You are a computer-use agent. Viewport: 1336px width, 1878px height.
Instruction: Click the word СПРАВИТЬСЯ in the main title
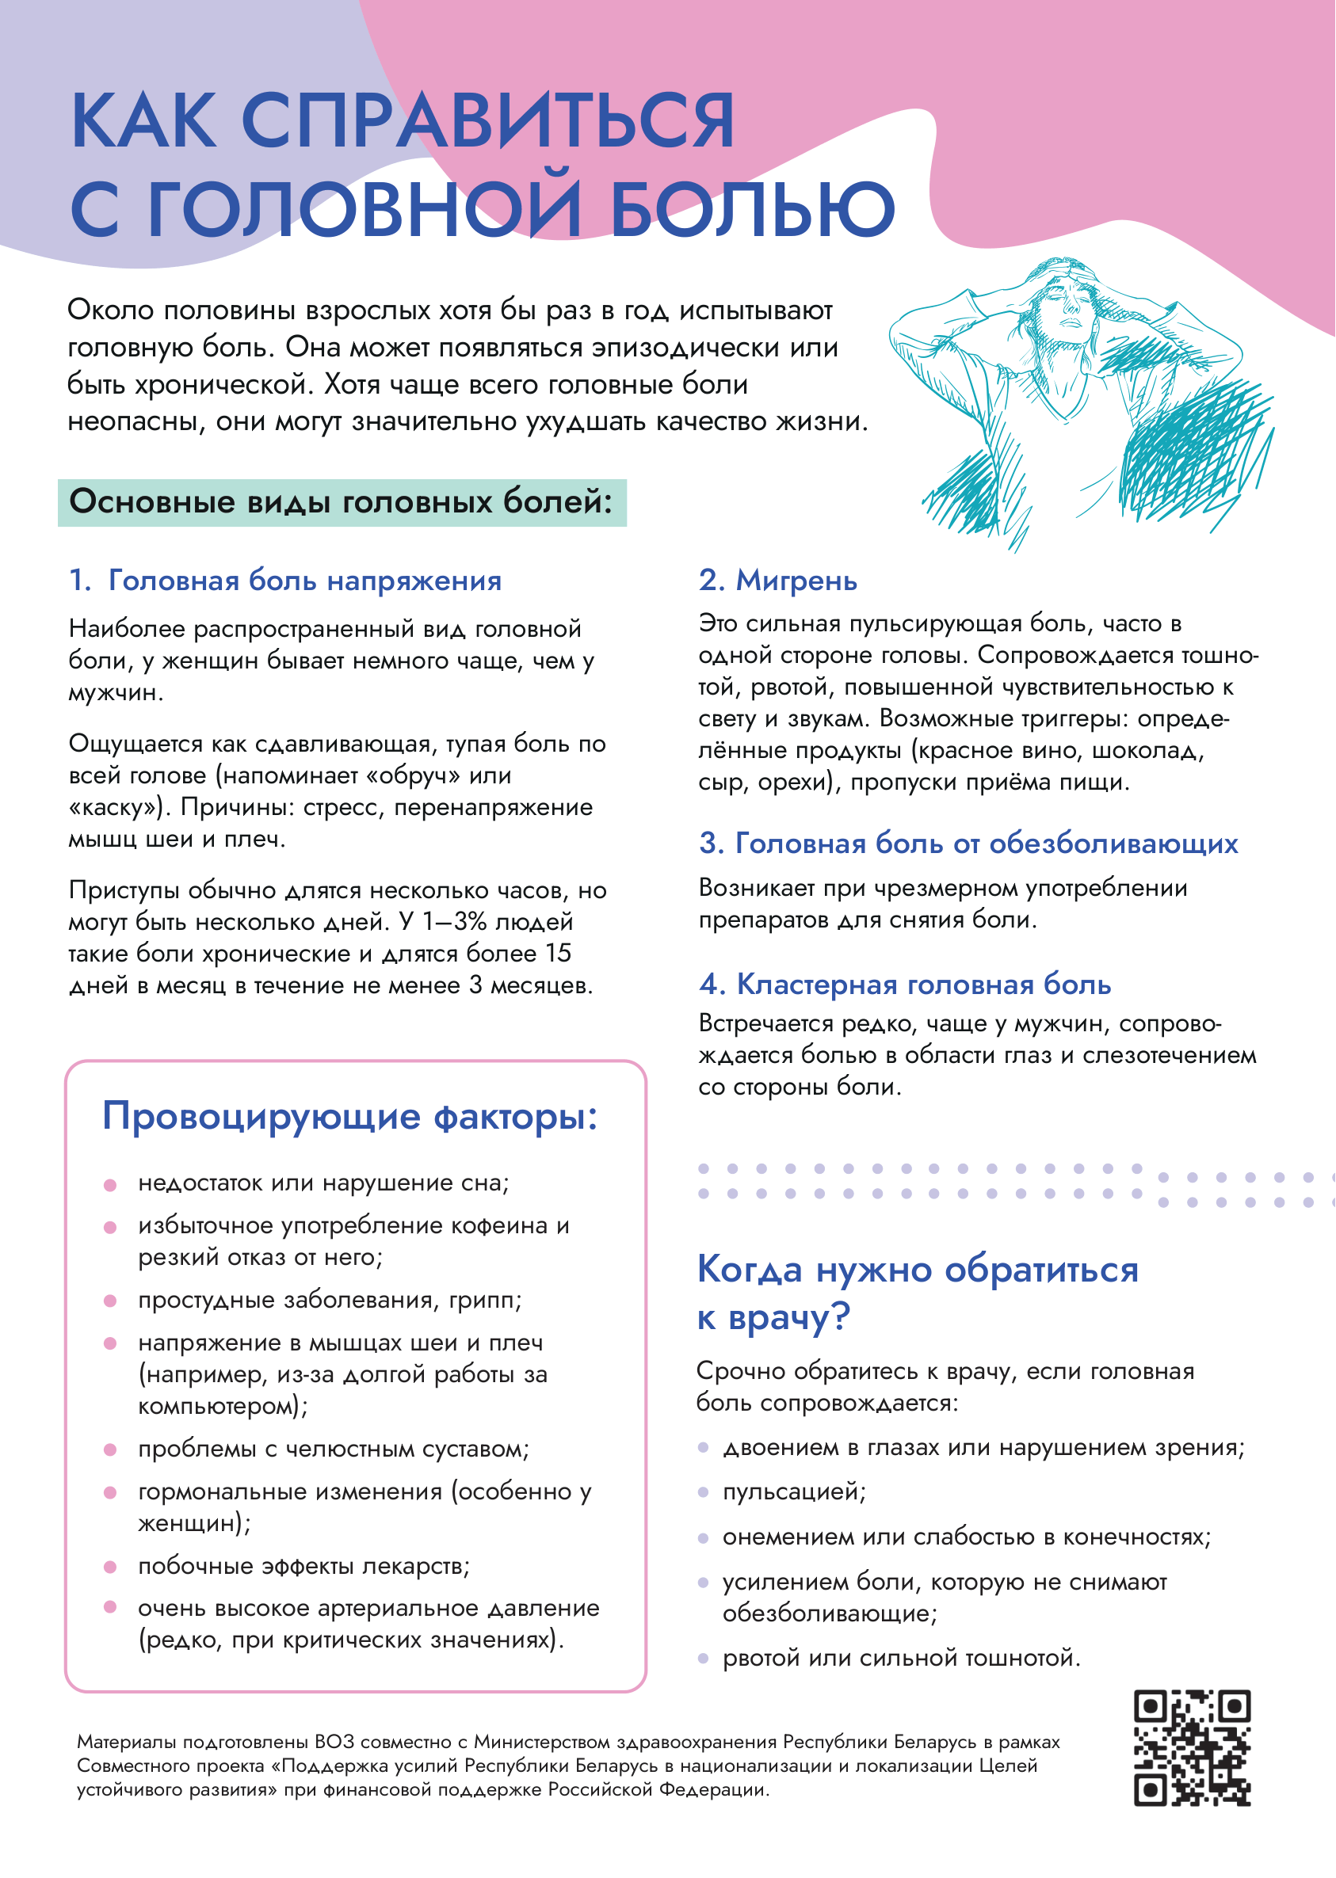(487, 122)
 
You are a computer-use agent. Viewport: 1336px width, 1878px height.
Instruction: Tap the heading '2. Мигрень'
(777, 581)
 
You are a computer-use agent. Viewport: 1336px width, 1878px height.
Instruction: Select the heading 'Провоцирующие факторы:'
(349, 1117)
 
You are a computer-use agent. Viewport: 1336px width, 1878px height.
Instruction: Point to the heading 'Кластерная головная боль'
(923, 985)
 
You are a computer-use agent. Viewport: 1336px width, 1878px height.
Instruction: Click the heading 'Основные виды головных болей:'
(341, 501)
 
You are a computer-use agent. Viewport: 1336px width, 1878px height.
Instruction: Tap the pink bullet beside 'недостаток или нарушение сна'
(110, 1185)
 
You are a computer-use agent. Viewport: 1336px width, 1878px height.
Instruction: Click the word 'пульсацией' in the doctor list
(792, 1492)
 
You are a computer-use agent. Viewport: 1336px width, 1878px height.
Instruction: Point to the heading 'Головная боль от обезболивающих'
(987, 844)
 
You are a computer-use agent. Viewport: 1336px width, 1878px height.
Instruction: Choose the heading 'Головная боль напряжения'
(304, 581)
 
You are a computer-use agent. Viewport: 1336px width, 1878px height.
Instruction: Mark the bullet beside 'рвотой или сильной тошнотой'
(703, 1659)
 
